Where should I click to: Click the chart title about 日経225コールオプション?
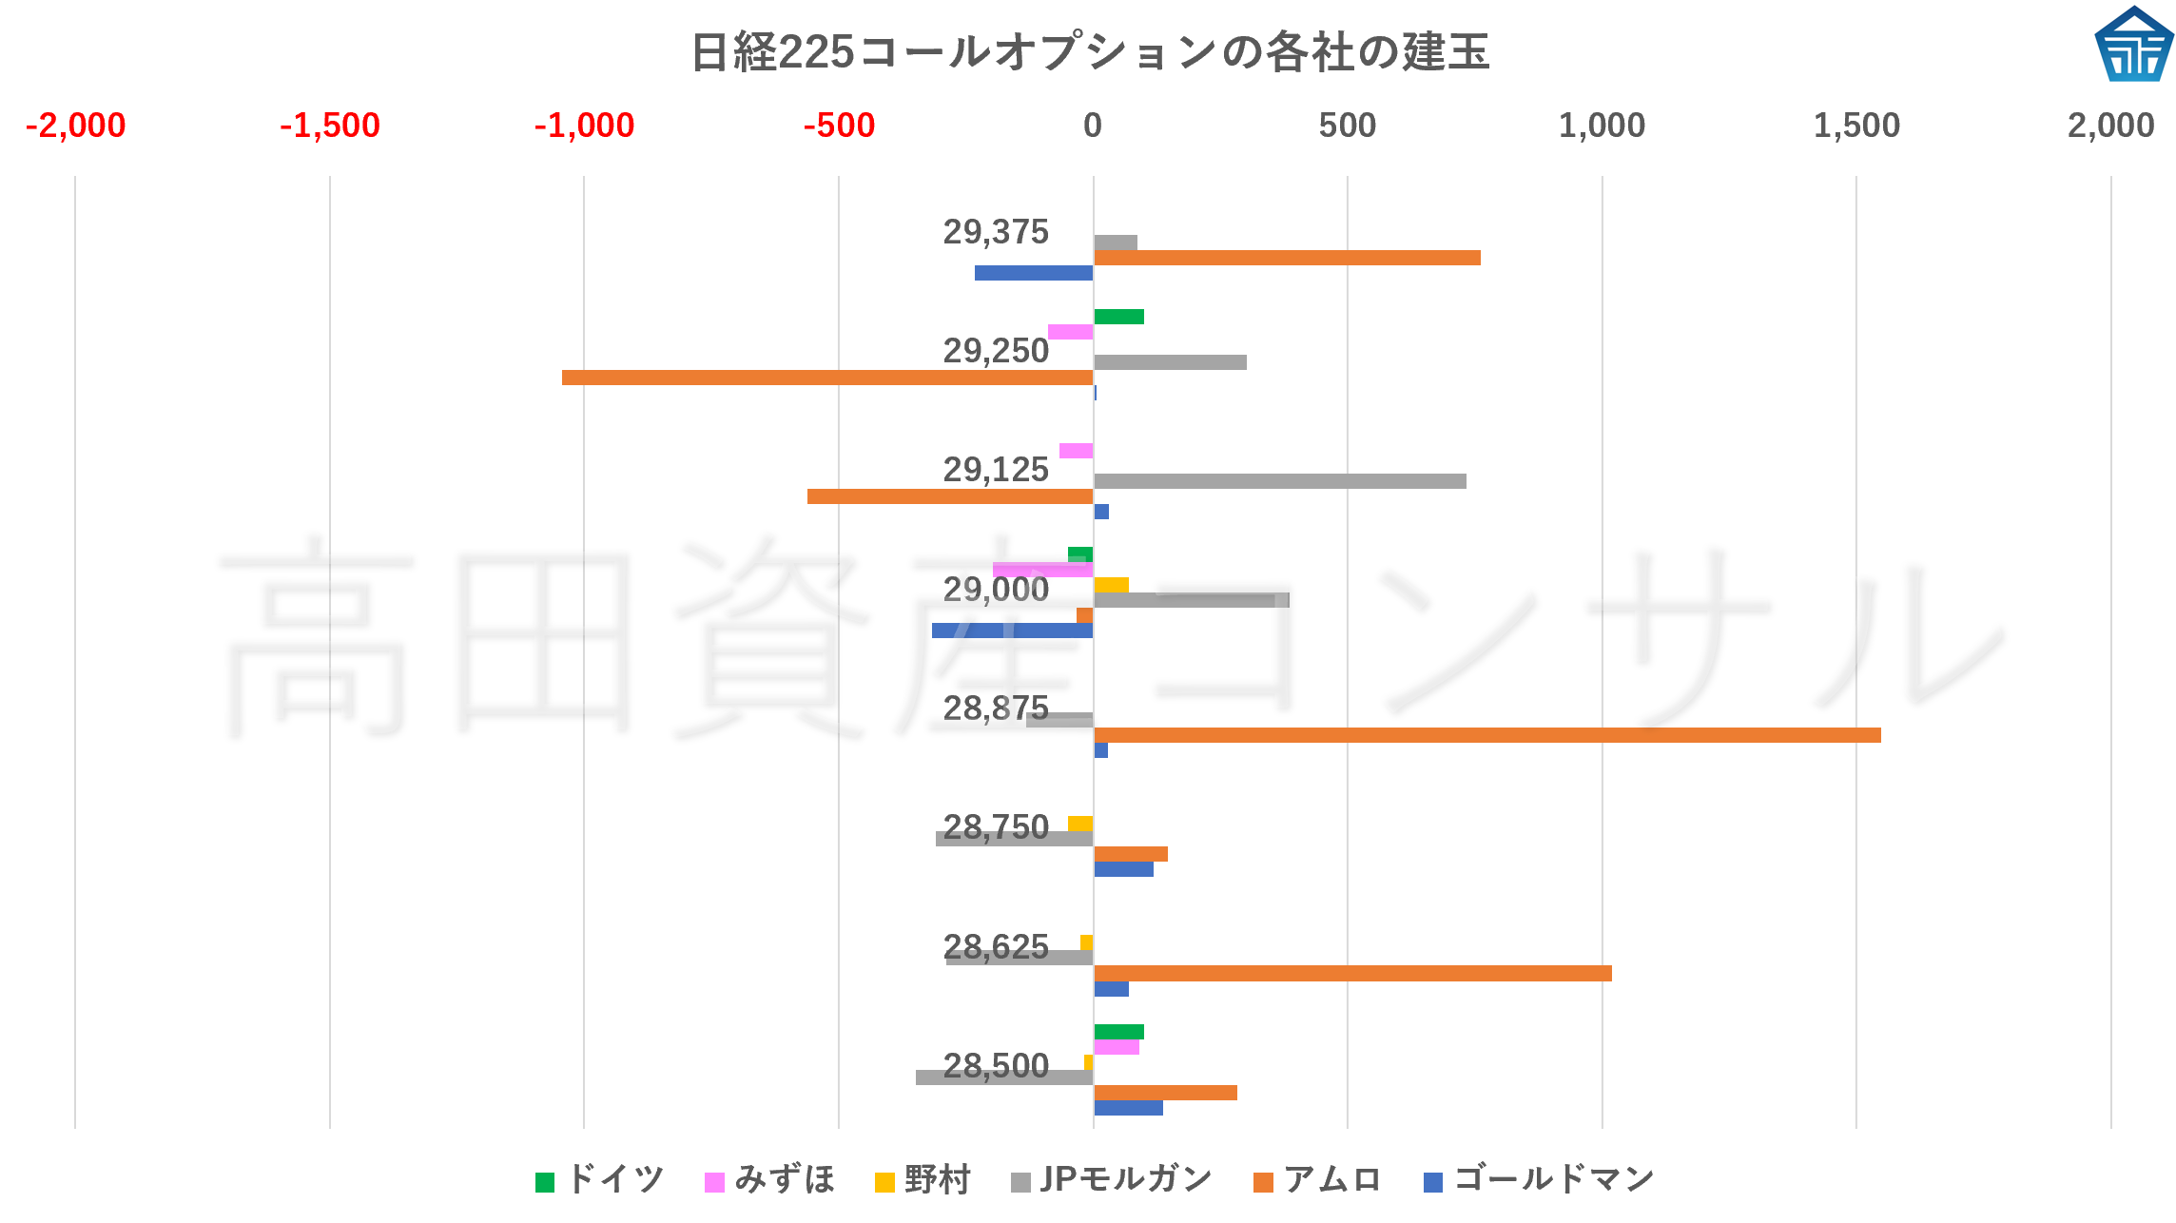click(1089, 51)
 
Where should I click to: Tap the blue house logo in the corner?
click(2133, 45)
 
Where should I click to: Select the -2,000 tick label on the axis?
click(75, 126)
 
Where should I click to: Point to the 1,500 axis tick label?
click(1855, 126)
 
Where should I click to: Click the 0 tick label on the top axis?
click(1092, 126)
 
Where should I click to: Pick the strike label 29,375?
click(995, 232)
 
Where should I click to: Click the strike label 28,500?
click(995, 1066)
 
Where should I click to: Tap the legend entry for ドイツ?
click(600, 1180)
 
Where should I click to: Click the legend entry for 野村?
click(923, 1180)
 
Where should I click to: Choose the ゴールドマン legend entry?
click(1539, 1180)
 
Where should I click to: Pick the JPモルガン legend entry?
click(1112, 1180)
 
